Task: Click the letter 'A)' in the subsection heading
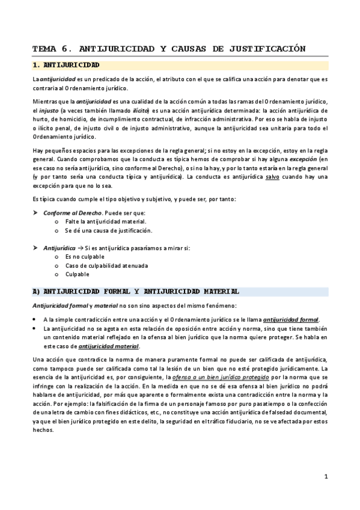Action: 36,291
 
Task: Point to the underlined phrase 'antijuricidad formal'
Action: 291,319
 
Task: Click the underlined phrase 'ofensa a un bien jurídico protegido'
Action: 208,376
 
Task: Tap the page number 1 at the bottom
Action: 325,477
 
